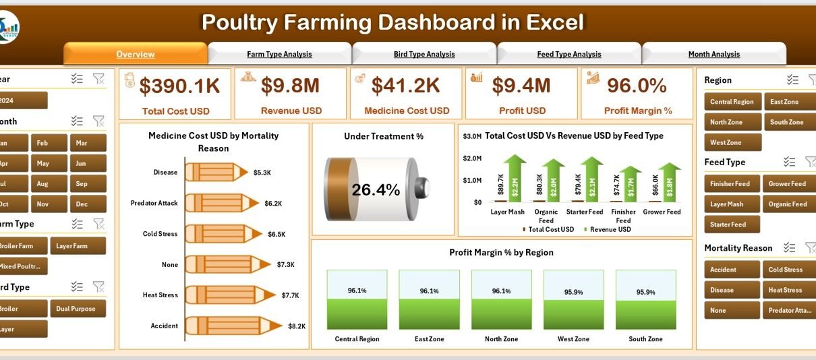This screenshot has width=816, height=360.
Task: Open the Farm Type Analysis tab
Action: pyautogui.click(x=279, y=54)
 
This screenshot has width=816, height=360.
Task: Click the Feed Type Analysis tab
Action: pyautogui.click(x=569, y=54)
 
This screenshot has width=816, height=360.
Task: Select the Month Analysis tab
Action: pyautogui.click(x=713, y=54)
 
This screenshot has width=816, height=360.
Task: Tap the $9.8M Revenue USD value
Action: pyautogui.click(x=291, y=85)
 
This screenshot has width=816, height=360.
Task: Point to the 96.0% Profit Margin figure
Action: pyautogui.click(x=636, y=85)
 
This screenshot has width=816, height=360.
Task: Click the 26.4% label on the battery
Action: pyautogui.click(x=376, y=190)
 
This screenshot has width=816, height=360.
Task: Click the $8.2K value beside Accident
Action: pyautogui.click(x=296, y=326)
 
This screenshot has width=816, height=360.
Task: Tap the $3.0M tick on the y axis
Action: pyautogui.click(x=472, y=136)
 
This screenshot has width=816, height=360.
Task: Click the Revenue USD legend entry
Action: pyautogui.click(x=610, y=229)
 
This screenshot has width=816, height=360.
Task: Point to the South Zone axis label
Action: pyautogui.click(x=645, y=339)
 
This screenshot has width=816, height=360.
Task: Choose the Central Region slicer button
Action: pyautogui.click(x=732, y=102)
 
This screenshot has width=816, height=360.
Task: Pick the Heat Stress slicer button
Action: pyautogui.click(x=785, y=290)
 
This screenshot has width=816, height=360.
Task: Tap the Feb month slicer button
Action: pyautogui.click(x=42, y=143)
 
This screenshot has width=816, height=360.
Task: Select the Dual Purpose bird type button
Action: pyautogui.click(x=77, y=309)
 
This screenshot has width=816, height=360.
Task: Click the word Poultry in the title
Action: pyautogui.click(x=240, y=22)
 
